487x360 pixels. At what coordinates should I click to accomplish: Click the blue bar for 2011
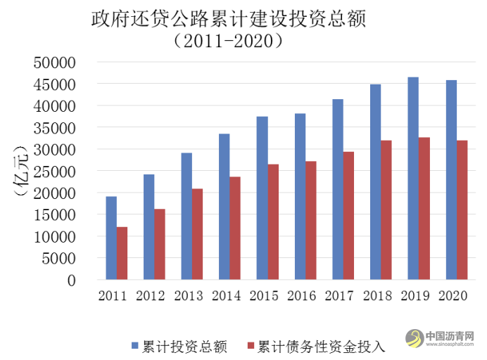pyautogui.click(x=111, y=238)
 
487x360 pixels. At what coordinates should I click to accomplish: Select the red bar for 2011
pyautogui.click(x=122, y=253)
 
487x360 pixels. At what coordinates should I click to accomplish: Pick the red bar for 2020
pyautogui.click(x=462, y=210)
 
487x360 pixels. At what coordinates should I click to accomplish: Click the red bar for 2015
pyautogui.click(x=273, y=222)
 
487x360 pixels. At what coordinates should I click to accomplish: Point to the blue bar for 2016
pyautogui.click(x=300, y=197)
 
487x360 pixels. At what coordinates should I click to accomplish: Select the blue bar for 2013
pyautogui.click(x=186, y=217)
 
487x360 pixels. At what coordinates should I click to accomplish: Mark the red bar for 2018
pyautogui.click(x=386, y=210)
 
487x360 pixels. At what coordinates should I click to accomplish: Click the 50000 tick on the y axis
pyautogui.click(x=54, y=63)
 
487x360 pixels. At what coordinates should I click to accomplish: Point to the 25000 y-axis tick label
pyautogui.click(x=54, y=171)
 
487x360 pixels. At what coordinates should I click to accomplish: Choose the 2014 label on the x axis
pyautogui.click(x=227, y=296)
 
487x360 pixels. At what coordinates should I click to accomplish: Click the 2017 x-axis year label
pyautogui.click(x=340, y=296)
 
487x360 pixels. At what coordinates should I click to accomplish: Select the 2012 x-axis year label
pyautogui.click(x=151, y=296)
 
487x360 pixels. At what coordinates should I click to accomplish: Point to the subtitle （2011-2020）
pyautogui.click(x=229, y=41)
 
